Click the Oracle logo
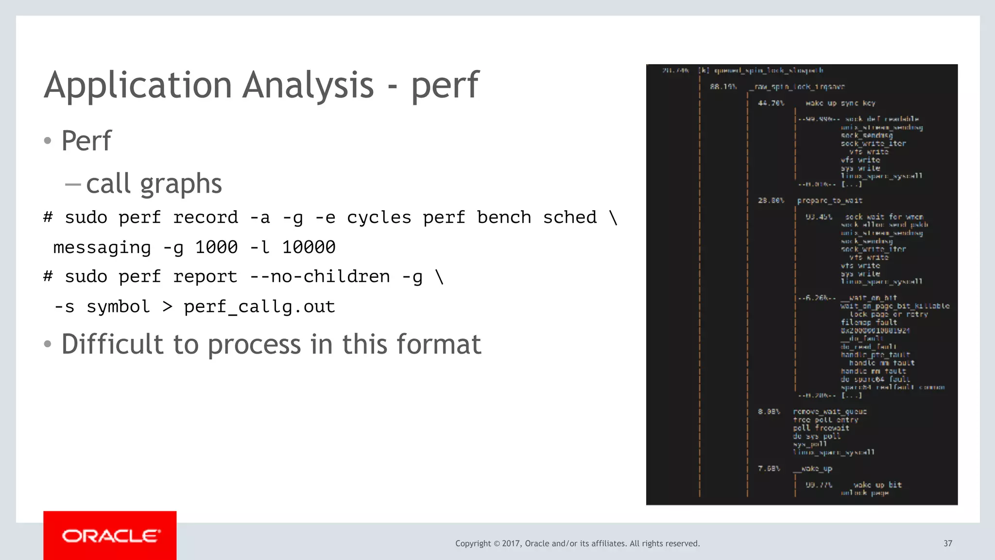click(x=110, y=535)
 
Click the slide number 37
click(x=947, y=543)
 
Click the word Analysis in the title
click(x=308, y=85)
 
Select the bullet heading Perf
click(x=86, y=141)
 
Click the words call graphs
click(x=154, y=184)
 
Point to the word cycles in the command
click(x=379, y=218)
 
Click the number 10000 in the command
click(x=309, y=248)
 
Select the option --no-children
click(x=320, y=277)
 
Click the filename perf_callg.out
click(x=259, y=307)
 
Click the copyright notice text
click(x=577, y=543)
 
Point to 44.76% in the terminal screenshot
click(x=771, y=103)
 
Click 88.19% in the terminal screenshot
click(x=723, y=87)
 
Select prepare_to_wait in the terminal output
click(x=829, y=201)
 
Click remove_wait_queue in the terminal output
click(x=829, y=412)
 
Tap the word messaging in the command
click(x=102, y=248)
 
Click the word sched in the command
click(x=569, y=218)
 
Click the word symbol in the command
click(x=118, y=307)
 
